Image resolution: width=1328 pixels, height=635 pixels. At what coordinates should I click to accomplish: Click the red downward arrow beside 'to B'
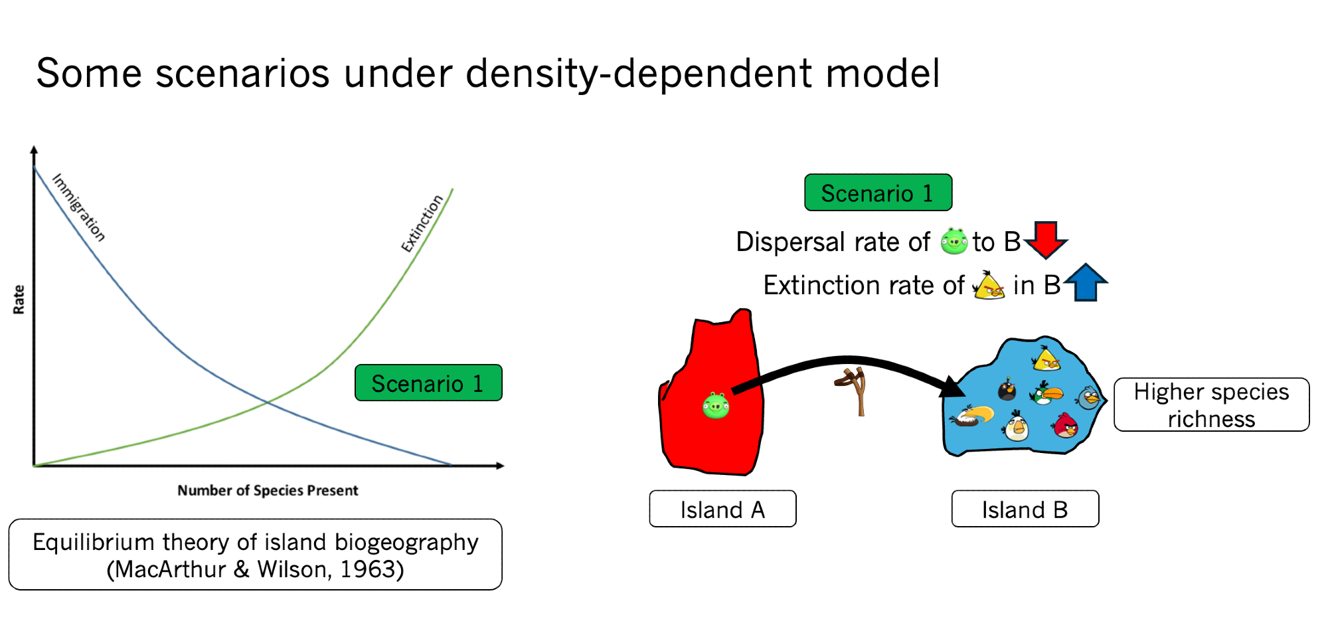(x=1046, y=240)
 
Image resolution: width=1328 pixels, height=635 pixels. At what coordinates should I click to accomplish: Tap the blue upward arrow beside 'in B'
(x=1086, y=282)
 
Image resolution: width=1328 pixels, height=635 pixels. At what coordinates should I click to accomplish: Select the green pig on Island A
(x=716, y=405)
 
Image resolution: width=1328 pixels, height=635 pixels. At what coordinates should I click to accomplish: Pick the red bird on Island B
(x=1066, y=425)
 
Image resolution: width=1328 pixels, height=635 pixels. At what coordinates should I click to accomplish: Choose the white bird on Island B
(x=1016, y=426)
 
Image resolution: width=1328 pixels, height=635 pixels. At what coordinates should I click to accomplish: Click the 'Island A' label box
(x=722, y=509)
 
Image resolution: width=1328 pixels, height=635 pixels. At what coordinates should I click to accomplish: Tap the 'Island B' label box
(x=1025, y=509)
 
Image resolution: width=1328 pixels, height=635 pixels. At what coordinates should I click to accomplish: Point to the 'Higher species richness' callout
(x=1211, y=405)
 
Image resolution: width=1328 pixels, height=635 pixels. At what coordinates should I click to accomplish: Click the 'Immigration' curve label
(x=79, y=207)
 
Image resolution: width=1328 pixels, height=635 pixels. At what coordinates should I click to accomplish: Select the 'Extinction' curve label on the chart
(x=422, y=223)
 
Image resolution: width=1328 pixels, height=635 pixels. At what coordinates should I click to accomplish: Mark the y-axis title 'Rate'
(x=19, y=300)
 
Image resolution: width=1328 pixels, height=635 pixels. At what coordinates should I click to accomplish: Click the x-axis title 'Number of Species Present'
(x=268, y=490)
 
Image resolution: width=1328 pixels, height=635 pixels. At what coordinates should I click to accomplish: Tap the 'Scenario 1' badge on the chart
(x=428, y=383)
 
